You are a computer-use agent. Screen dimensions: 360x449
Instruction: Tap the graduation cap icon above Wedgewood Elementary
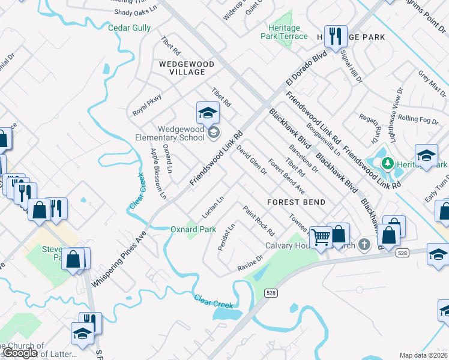pyautogui.click(x=207, y=112)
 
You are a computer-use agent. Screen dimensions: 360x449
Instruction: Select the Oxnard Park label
pyautogui.click(x=193, y=229)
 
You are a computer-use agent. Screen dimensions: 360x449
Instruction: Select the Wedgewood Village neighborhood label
pyautogui.click(x=182, y=67)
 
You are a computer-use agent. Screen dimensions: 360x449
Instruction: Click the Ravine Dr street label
pyautogui.click(x=250, y=262)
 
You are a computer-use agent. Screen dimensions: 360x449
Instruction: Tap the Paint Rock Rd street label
pyautogui.click(x=259, y=220)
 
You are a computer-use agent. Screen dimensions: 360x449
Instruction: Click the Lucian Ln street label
pyautogui.click(x=213, y=206)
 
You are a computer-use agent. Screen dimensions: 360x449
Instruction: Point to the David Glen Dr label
pyautogui.click(x=252, y=160)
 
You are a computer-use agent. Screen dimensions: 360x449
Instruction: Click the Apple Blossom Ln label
pyautogui.click(x=158, y=173)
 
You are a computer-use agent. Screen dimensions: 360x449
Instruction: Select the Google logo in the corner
pyautogui.click(x=20, y=353)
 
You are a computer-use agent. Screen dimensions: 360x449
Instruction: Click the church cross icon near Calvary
pyautogui.click(x=364, y=244)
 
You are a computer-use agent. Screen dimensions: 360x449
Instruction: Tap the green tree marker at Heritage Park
pyautogui.click(x=388, y=163)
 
